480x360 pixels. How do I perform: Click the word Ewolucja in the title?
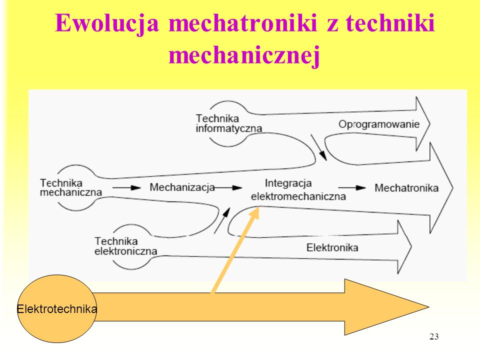tap(107, 23)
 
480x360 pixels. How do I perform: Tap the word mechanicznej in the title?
tap(244, 55)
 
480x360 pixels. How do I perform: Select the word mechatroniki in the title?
tap(243, 22)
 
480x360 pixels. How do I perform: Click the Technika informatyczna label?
tap(229, 123)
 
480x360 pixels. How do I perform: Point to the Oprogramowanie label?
tap(378, 124)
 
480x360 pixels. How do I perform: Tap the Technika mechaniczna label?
tap(70, 187)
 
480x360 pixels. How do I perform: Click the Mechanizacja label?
tap(182, 187)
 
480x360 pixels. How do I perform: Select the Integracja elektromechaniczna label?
tap(298, 190)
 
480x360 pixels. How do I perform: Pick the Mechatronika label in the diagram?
tap(406, 187)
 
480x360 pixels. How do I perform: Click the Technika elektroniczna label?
tap(125, 246)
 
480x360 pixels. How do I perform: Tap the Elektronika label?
tap(332, 247)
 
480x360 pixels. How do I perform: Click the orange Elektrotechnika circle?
tap(57, 308)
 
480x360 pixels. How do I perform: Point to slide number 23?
tap(434, 336)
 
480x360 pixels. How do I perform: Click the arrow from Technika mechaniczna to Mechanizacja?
tap(126, 187)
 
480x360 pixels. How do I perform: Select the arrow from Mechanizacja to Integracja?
tap(227, 187)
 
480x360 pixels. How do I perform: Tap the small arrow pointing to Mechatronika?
tap(352, 187)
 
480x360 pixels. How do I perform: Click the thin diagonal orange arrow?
tap(235, 250)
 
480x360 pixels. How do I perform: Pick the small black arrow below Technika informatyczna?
tap(318, 147)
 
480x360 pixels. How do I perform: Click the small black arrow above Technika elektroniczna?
tap(222, 220)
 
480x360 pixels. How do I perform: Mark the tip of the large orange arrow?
tap(429, 306)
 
